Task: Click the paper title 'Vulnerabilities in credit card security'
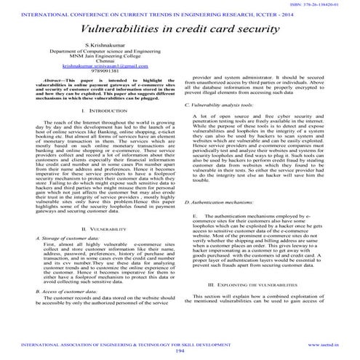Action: tap(180, 31)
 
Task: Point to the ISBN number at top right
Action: tap(324, 4)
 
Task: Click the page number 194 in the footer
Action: tap(180, 351)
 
